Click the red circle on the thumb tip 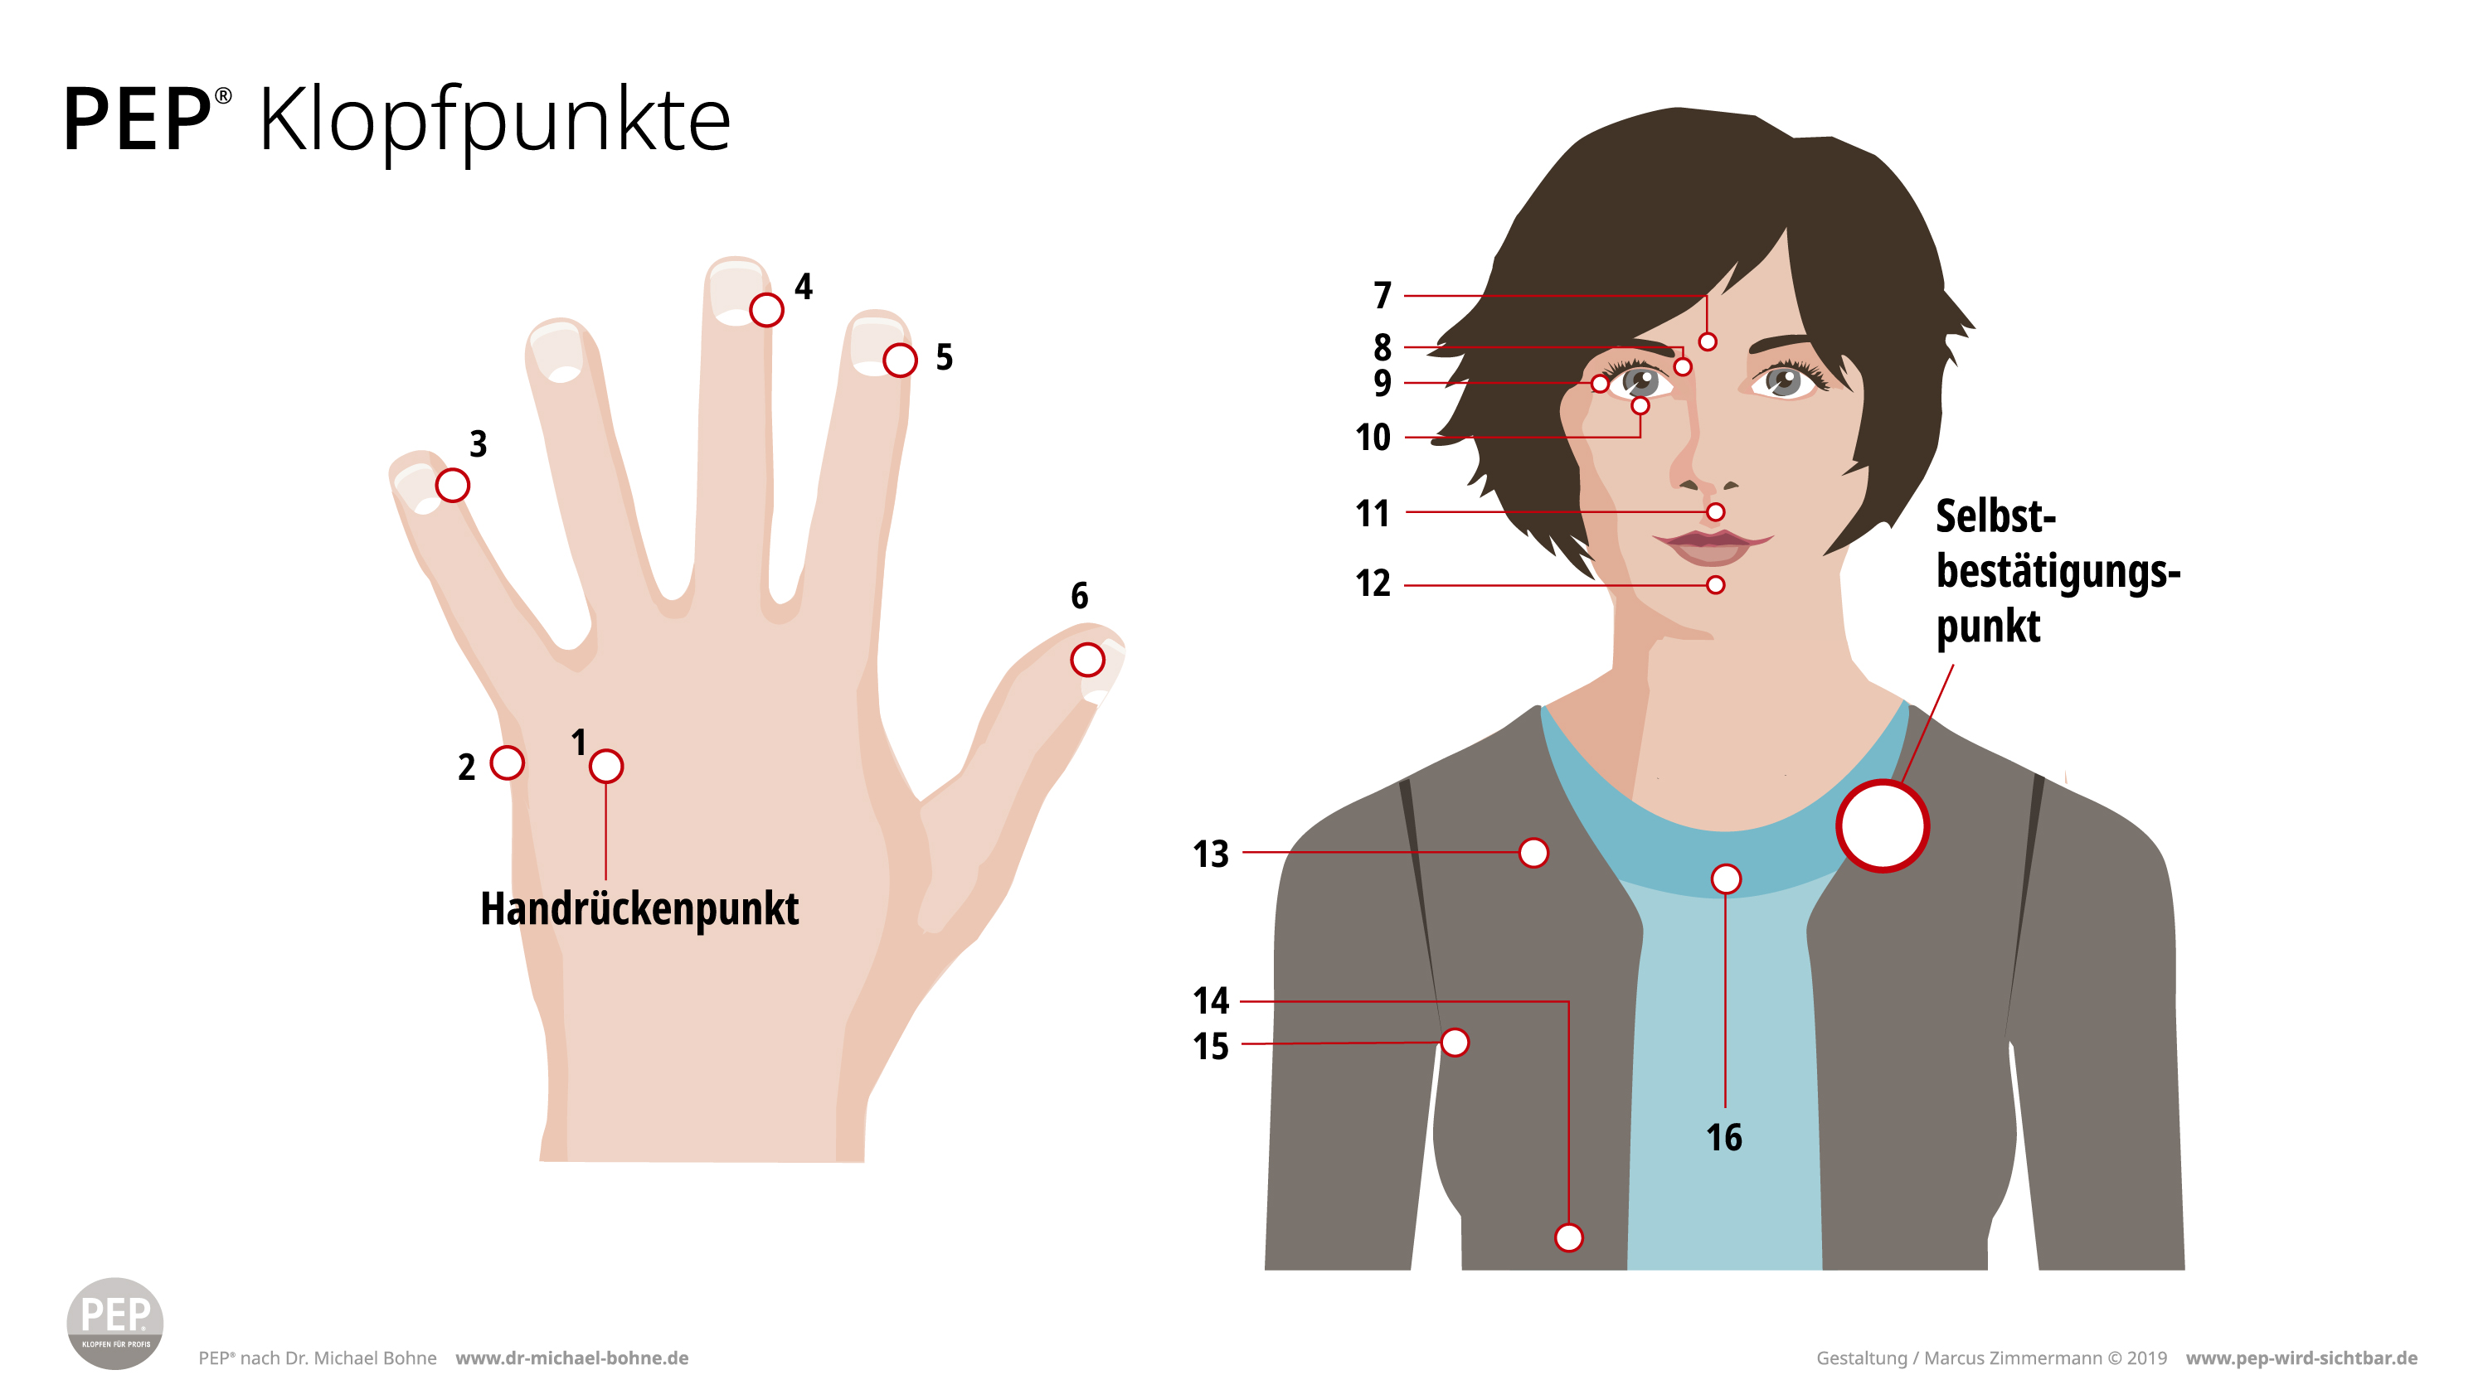click(x=1087, y=661)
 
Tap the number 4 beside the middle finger click(x=804, y=287)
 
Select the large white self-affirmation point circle click(x=1883, y=826)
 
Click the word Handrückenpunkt click(x=639, y=908)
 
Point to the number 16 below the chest click(x=1724, y=1137)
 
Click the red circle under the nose click(x=1715, y=511)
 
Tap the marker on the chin click(x=1715, y=585)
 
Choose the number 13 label click(x=1210, y=854)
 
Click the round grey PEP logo click(x=115, y=1323)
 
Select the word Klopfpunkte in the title click(x=494, y=121)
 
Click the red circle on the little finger click(x=452, y=486)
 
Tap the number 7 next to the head click(x=1383, y=295)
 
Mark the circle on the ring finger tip click(x=899, y=361)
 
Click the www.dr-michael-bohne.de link click(x=571, y=1358)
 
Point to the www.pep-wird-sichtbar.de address click(x=2301, y=1358)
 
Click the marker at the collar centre click(x=1726, y=879)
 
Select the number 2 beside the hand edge click(x=466, y=767)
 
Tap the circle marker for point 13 click(x=1533, y=853)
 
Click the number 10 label click(x=1373, y=438)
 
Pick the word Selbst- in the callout click(x=1995, y=516)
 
